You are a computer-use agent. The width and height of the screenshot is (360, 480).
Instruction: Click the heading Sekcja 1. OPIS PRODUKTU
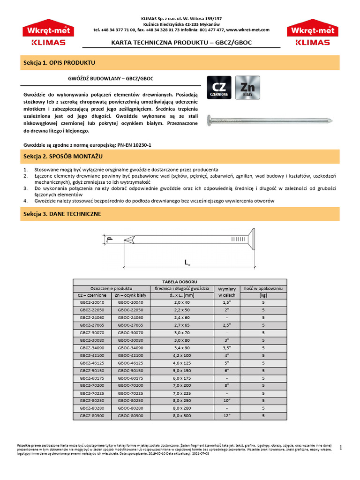(x=59, y=62)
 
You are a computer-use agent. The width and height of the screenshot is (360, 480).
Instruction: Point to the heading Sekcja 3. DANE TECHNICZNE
(x=62, y=214)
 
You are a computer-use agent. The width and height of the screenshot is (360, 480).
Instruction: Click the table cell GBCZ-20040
(x=92, y=302)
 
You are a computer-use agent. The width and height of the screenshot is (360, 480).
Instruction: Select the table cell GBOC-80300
(x=130, y=415)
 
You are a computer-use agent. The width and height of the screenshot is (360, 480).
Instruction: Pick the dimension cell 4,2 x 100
(x=180, y=355)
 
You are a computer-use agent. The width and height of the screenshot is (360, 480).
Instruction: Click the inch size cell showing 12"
(x=226, y=415)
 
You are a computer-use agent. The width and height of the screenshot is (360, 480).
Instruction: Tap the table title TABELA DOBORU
(x=180, y=281)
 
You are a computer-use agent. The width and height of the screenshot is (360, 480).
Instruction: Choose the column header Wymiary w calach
(x=226, y=292)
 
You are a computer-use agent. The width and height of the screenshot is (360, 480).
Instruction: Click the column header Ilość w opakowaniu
(x=263, y=289)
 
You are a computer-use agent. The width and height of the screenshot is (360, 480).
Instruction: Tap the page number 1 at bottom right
(x=341, y=447)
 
